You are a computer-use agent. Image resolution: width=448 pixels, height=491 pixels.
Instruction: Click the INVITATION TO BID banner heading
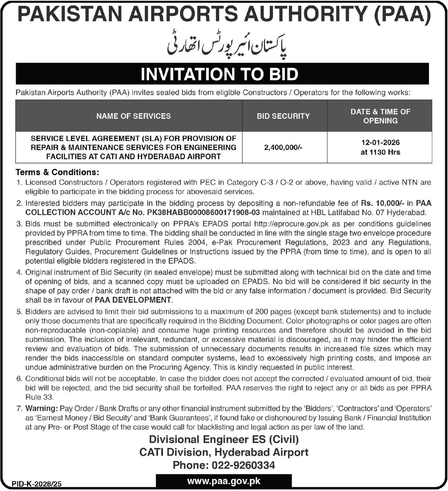[x=219, y=74]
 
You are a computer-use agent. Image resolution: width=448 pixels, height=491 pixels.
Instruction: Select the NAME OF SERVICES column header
[x=133, y=116]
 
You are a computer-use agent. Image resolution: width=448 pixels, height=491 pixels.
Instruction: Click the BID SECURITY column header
[x=283, y=116]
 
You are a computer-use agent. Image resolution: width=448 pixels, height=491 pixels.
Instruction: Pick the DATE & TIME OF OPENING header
[x=380, y=116]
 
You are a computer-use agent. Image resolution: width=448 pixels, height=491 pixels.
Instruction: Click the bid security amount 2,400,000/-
[x=283, y=147]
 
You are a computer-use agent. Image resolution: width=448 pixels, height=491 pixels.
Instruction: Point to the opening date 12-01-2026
[x=380, y=142]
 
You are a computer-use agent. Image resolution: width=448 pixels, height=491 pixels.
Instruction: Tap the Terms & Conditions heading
[x=57, y=172]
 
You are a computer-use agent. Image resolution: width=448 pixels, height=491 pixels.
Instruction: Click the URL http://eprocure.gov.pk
[x=291, y=224]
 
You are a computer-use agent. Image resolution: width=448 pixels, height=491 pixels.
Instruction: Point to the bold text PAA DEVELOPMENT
[x=133, y=300]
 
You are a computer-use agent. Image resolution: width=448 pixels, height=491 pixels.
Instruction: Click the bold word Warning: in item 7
[x=42, y=408]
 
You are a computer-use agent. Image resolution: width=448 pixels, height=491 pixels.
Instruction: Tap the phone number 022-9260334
[x=243, y=465]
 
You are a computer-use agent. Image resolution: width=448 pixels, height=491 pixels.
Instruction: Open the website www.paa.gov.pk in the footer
[x=224, y=481]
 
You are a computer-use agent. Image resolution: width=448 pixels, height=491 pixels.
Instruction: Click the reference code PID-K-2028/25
[x=37, y=484]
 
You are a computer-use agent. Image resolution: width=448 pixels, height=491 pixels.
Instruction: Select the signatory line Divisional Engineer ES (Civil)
[x=224, y=439]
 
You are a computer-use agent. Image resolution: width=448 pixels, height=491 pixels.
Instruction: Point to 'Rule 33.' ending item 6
[x=39, y=397]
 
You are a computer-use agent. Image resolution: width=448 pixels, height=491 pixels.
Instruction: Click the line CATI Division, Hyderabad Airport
[x=224, y=452]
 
